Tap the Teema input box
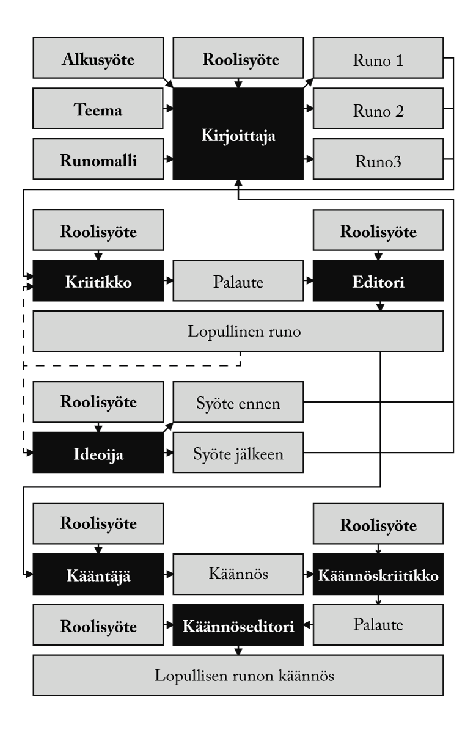pos(98,111)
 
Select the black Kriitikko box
pos(98,280)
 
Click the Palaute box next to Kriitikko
pos(238,280)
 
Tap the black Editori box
pos(378,280)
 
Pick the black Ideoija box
pos(98,453)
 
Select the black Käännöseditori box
pos(238,625)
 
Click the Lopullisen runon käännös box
pos(238,676)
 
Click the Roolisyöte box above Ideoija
pos(98,403)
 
